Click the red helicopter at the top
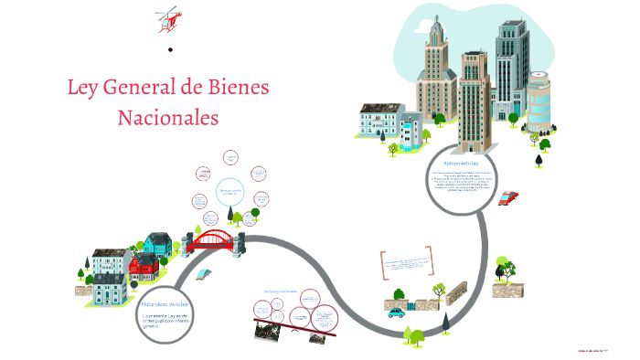click(x=168, y=16)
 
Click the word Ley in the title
click(x=83, y=90)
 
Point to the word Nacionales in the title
click(x=168, y=118)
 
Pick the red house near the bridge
click(x=144, y=266)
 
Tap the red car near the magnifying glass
click(x=508, y=197)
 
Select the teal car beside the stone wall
click(x=395, y=312)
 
